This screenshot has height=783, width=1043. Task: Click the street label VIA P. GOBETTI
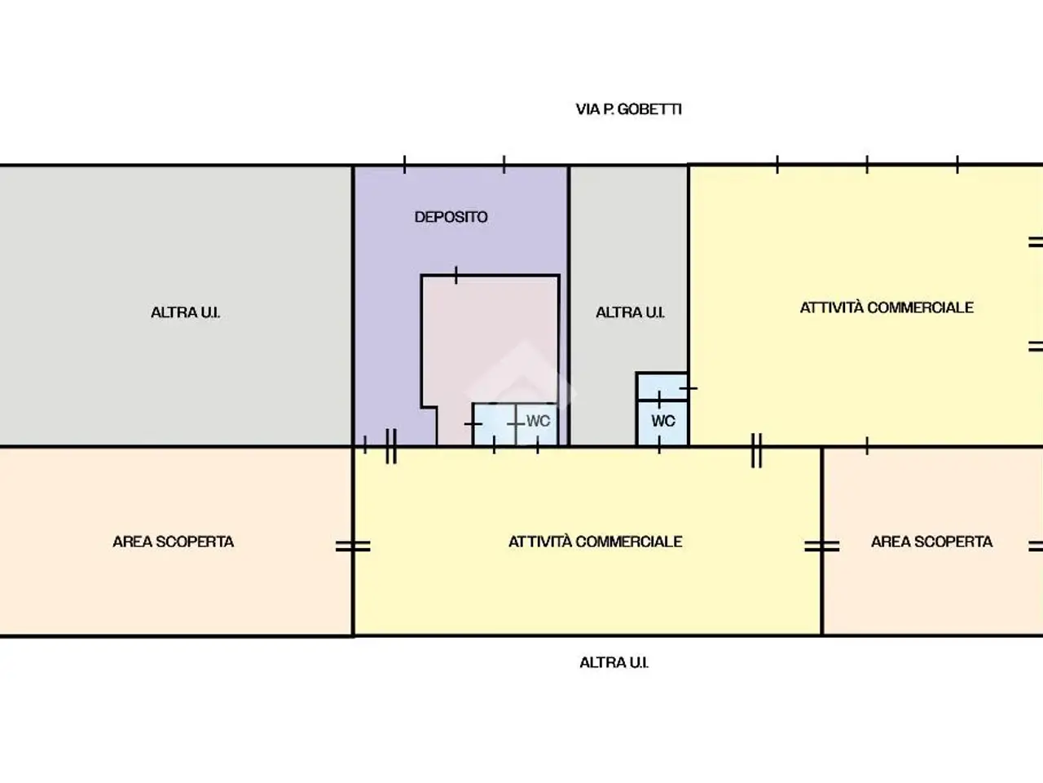pos(628,109)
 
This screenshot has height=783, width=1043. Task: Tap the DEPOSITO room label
pos(451,217)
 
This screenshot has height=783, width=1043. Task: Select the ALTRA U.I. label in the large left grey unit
pos(185,312)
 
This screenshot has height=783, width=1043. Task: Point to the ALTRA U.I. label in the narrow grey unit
pos(630,312)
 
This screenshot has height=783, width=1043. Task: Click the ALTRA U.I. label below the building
pos(614,663)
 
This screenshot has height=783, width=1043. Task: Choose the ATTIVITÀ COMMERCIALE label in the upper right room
pos(887,307)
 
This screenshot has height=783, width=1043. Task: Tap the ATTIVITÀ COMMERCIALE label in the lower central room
pos(596,542)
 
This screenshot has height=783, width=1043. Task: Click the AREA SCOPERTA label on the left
pos(173,542)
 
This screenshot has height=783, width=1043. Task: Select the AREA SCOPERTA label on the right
pos(931,542)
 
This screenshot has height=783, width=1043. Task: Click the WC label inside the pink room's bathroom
pos(538,421)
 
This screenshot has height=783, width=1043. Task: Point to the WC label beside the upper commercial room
pos(662,421)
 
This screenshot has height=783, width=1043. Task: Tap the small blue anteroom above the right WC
pos(662,387)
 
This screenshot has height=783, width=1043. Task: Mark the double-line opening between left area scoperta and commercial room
pos(353,546)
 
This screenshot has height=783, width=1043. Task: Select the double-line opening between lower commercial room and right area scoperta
pos(821,546)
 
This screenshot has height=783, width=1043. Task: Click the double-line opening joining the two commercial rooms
pos(756,450)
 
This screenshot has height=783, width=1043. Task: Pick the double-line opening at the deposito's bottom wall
pos(391,446)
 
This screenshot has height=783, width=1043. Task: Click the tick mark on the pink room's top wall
pos(456,275)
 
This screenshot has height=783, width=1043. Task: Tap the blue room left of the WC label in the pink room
pos(495,425)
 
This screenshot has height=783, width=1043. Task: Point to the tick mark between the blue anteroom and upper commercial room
pos(688,388)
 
